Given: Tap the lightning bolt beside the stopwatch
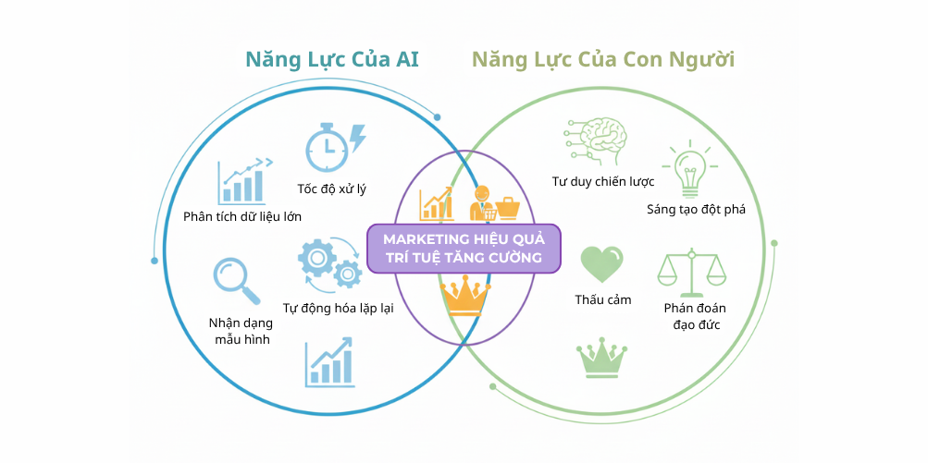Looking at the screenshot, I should (357, 140).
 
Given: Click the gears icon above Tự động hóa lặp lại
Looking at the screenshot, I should (328, 262).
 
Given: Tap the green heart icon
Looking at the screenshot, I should (601, 264).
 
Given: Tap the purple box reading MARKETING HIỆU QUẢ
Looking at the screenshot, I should (464, 248).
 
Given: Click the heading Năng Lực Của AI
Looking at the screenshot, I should (332, 60).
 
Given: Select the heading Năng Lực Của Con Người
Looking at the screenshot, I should (603, 60).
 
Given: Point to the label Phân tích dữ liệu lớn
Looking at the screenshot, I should (242, 216).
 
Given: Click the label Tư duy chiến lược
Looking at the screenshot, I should (602, 181).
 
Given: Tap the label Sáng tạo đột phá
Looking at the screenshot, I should (696, 209).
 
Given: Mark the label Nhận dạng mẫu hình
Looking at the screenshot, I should (239, 331).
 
